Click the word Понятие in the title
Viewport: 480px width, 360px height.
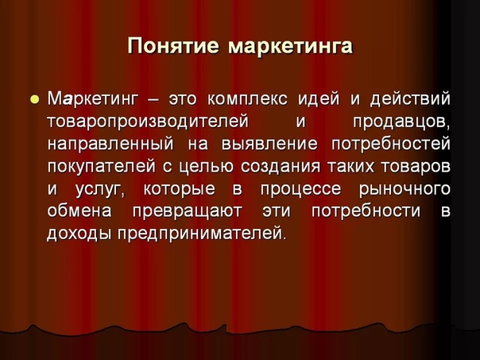pos(173,46)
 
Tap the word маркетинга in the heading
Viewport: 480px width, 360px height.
pos(290,46)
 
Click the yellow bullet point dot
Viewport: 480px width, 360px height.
pos(35,99)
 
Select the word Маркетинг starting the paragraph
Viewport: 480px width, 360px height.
pos(91,99)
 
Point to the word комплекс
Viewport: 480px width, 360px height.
pos(247,99)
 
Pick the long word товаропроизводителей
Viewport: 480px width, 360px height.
pos(148,122)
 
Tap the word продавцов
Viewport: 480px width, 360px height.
pos(401,122)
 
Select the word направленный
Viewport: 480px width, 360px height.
pos(110,144)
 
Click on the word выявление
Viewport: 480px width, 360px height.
pos(269,144)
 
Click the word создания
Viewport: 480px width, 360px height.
pos(280,167)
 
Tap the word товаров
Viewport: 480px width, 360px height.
pos(416,167)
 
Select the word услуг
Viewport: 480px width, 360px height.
pos(100,189)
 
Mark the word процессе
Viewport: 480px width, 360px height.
pos(300,189)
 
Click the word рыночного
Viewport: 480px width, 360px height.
pos(405,189)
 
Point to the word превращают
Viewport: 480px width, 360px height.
pos(188,211)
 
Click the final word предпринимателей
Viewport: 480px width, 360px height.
pos(202,234)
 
